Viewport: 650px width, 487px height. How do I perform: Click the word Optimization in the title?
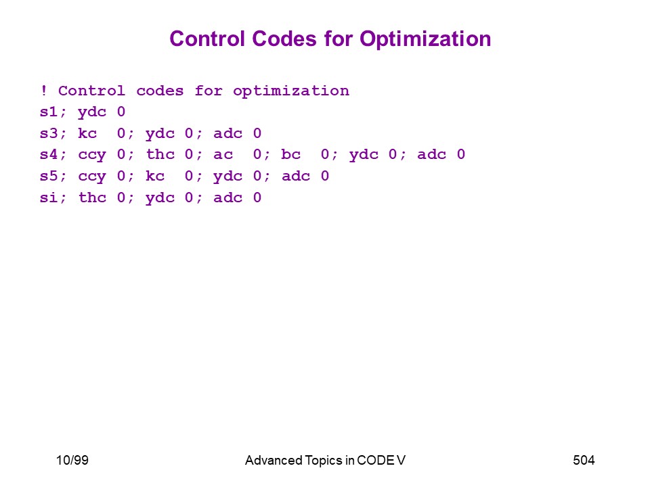point(425,40)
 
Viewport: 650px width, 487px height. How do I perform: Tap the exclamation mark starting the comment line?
point(43,90)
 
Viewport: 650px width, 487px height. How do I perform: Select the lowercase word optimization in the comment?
point(291,91)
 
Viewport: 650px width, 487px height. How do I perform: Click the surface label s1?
point(49,112)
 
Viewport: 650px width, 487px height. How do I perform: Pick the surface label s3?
point(49,133)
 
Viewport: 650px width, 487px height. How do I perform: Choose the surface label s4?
point(49,154)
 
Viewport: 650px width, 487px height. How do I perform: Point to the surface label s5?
point(49,176)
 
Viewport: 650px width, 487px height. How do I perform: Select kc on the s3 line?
point(87,133)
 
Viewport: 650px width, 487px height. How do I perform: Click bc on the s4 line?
point(290,154)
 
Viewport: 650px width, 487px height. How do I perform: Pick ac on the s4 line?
point(223,155)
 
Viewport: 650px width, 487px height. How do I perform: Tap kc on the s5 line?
point(155,176)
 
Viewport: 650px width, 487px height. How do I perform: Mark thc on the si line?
point(93,198)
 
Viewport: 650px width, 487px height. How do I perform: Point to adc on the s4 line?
point(431,154)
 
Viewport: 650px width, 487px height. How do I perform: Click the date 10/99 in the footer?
point(72,460)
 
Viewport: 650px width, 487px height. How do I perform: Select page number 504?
point(584,460)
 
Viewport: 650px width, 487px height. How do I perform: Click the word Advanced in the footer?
point(274,460)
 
